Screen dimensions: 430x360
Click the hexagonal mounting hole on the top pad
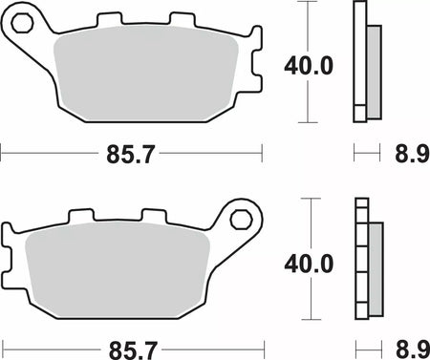[22, 23]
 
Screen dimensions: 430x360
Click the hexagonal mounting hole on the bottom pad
[242, 220]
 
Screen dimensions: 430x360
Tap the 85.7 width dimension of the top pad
[130, 155]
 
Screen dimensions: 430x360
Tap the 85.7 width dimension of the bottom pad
[133, 350]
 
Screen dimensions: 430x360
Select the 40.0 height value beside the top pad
[309, 66]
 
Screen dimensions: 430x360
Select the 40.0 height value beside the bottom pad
[309, 264]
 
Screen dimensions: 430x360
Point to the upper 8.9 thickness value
[412, 155]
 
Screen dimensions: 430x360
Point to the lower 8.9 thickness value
[413, 349]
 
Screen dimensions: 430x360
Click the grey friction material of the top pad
[146, 74]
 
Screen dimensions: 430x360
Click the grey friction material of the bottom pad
[118, 270]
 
